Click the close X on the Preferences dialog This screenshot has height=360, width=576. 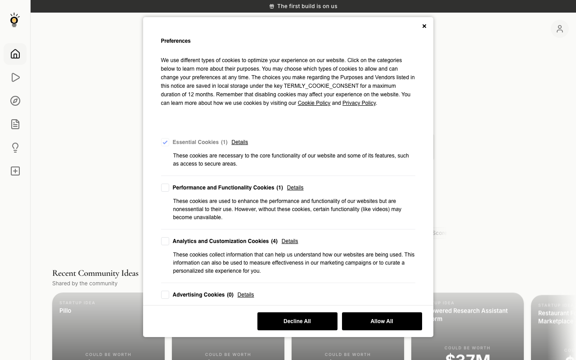click(424, 26)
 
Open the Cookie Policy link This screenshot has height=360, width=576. click(314, 103)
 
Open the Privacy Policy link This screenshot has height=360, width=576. click(359, 103)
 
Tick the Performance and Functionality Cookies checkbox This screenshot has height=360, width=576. click(165, 188)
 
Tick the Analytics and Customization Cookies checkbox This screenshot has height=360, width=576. click(165, 241)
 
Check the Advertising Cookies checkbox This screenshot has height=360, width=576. click(165, 295)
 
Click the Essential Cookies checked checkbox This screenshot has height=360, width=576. click(165, 142)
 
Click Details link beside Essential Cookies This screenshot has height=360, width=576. click(239, 142)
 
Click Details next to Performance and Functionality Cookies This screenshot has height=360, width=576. click(295, 188)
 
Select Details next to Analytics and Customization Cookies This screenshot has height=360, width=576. click(289, 241)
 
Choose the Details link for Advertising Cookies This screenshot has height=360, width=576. click(245, 295)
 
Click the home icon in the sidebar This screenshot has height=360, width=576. click(15, 54)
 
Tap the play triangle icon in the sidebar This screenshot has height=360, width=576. click(15, 77)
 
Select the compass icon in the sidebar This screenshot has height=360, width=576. click(15, 101)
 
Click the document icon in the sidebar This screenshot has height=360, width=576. click(15, 124)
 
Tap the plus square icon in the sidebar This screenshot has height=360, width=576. click(15, 171)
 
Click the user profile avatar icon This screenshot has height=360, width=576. click(559, 29)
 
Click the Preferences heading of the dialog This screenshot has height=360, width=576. click(175, 41)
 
